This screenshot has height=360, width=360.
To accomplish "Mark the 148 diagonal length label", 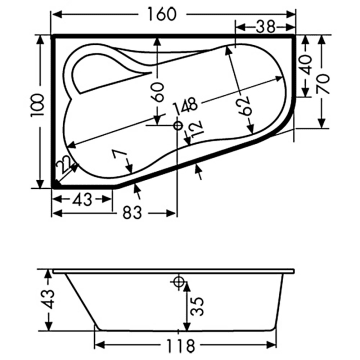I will [x=182, y=106].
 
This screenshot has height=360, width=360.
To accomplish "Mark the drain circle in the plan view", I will [x=178, y=126].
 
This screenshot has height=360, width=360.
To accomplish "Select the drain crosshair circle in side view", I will [x=180, y=283].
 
